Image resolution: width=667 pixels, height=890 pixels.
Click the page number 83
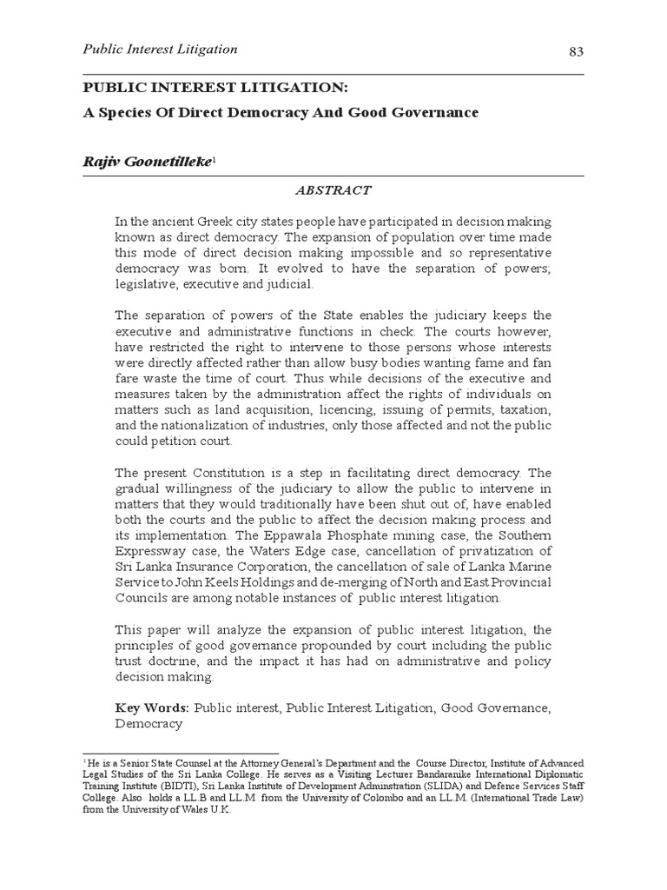pos(575,52)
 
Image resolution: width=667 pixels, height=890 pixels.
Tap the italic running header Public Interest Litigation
pos(160,50)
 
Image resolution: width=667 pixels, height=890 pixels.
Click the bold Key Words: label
pos(153,707)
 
